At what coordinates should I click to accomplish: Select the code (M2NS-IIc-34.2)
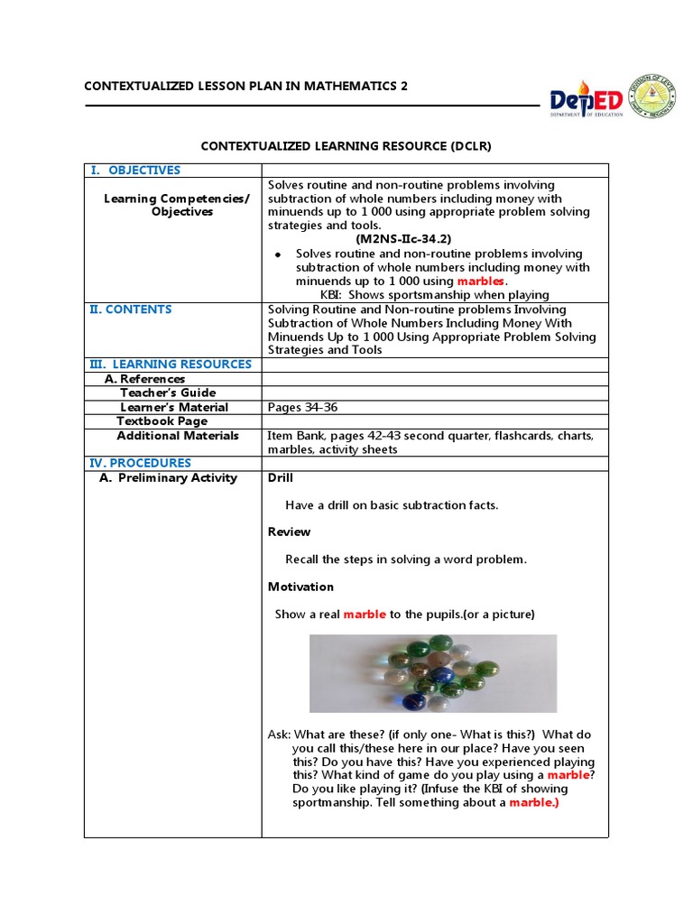402,239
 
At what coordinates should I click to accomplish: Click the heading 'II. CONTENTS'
130,310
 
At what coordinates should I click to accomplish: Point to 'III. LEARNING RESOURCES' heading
170,365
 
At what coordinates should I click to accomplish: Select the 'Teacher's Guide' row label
168,393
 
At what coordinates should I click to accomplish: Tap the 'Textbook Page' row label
162,421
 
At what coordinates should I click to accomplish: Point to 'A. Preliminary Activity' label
168,478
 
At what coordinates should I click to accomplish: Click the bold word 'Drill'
281,478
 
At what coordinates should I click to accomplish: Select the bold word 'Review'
289,532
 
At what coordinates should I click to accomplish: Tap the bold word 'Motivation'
300,587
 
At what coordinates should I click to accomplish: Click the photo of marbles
432,673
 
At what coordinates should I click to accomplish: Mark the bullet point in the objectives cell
278,255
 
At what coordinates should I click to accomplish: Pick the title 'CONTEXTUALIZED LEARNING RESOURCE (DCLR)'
346,145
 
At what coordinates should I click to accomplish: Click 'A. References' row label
145,380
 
